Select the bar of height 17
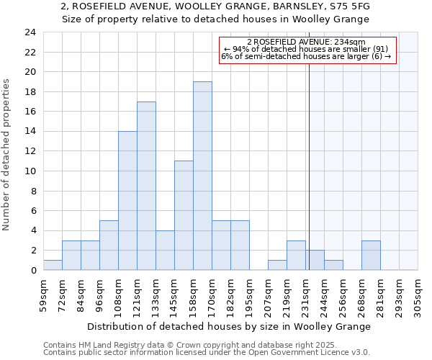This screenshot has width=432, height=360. coord(146,186)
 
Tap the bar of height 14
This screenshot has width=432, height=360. coord(127,201)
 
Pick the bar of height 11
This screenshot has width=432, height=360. coord(184,215)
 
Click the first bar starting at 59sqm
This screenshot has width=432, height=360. coord(53,265)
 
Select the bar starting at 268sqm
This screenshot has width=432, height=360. coord(371,256)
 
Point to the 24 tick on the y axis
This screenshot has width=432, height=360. coord(30,32)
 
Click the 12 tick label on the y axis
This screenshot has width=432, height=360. coord(30,151)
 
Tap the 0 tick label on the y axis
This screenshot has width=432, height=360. coord(33,270)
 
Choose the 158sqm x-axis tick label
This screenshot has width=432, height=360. coord(193,297)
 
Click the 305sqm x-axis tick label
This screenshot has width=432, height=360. coord(418,297)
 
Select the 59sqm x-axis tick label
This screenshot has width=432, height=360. coord(43,297)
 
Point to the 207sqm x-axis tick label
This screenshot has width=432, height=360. coord(268,297)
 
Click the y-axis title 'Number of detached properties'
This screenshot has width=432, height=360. coord(7,156)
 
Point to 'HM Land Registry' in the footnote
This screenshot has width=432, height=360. coord(111,345)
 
